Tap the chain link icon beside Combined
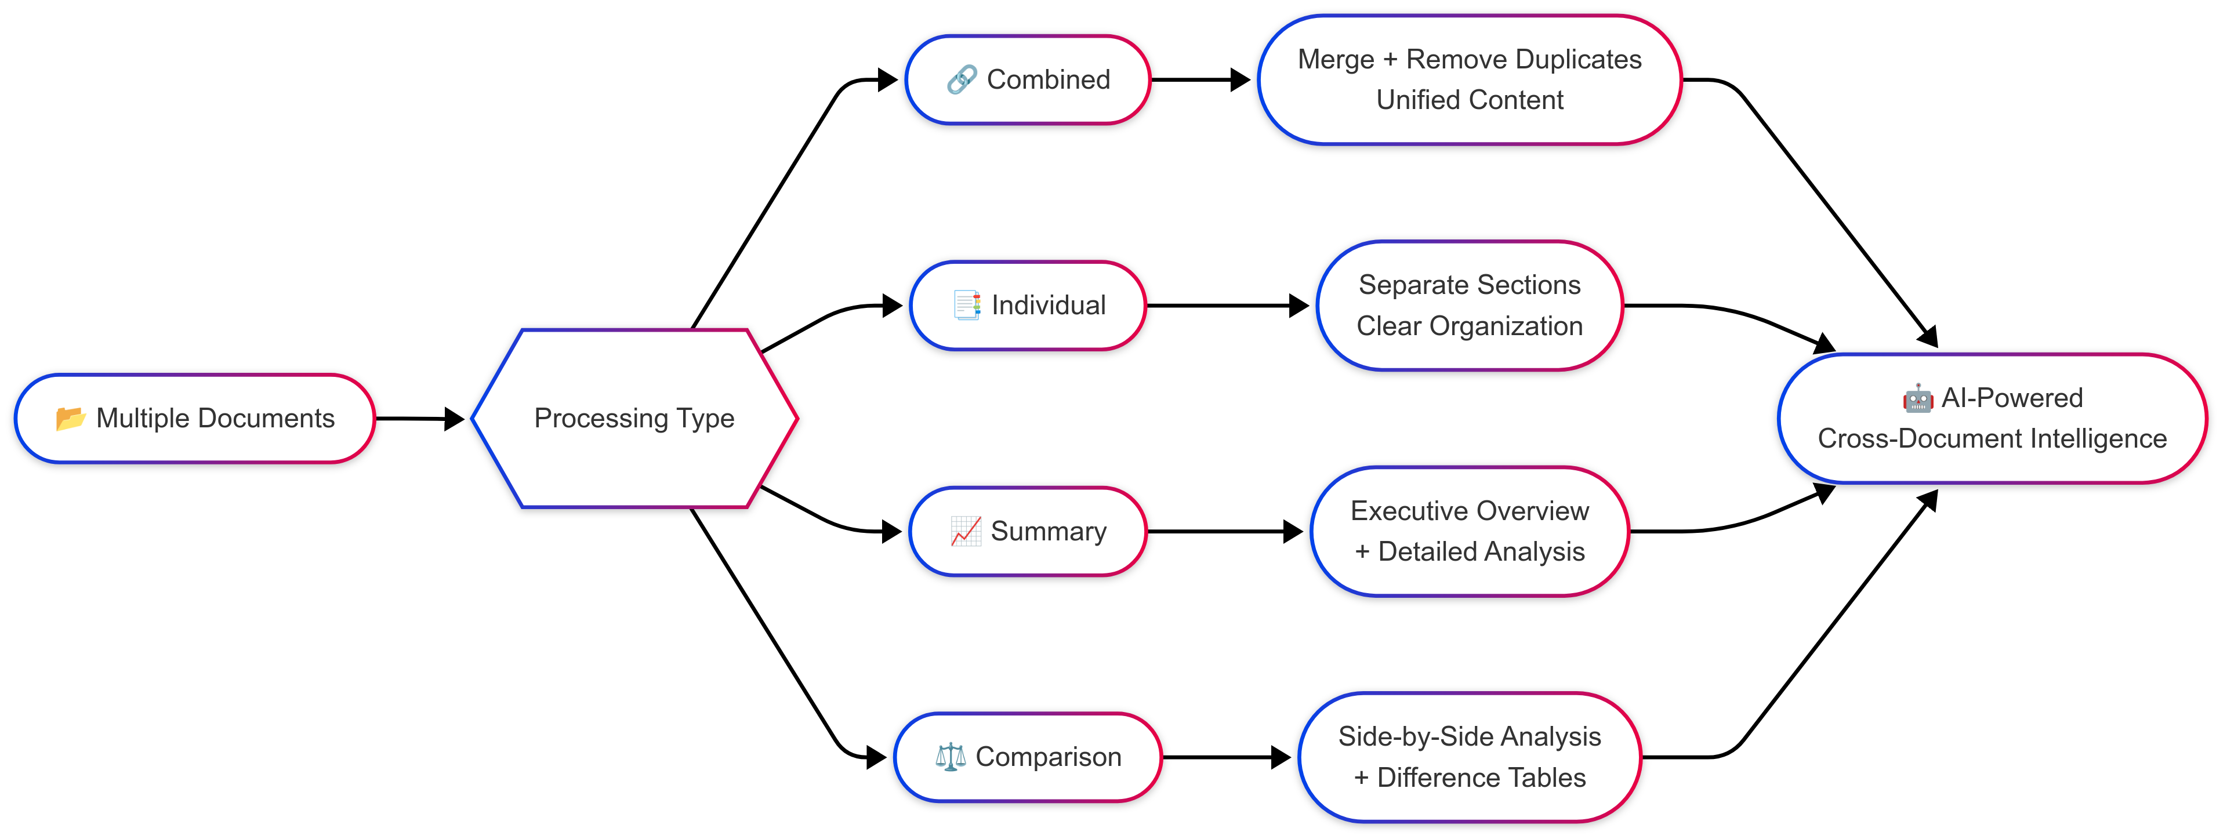(x=962, y=79)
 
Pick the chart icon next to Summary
(x=965, y=531)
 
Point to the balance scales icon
(x=950, y=757)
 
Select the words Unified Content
(x=1470, y=100)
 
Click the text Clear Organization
(x=1469, y=326)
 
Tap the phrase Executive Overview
(x=1469, y=511)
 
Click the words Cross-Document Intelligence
(x=1992, y=439)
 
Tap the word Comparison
(x=1048, y=757)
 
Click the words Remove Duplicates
(x=1524, y=60)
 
